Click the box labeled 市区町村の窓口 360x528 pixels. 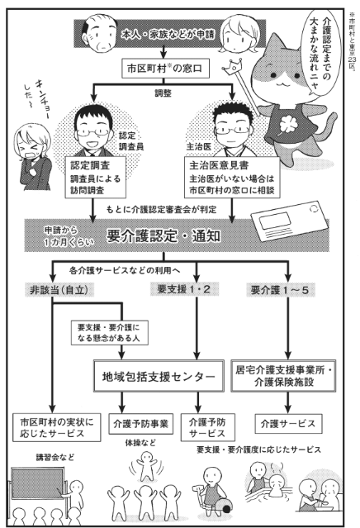164,69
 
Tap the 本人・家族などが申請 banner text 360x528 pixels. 168,35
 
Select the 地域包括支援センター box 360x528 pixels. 159,376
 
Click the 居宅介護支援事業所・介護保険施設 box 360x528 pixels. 283,376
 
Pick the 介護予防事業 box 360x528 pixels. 140,424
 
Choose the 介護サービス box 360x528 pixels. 288,424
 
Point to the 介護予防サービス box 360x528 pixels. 207,427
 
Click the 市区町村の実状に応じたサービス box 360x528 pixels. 56,427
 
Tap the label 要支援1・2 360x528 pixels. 184,289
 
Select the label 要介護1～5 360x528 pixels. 280,290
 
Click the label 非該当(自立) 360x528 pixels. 59,290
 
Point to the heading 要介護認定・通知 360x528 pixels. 163,236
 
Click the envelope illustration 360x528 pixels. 289,221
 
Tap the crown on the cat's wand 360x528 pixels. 232,65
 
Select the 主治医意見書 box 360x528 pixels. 232,177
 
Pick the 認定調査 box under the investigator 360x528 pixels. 96,177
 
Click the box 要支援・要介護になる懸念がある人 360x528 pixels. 110,333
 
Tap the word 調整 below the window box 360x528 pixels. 163,93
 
